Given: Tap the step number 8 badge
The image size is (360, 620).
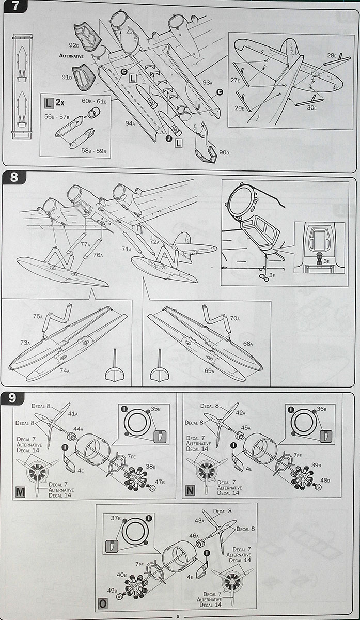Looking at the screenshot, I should [x=14, y=177].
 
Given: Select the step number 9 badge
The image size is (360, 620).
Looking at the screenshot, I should [x=14, y=399].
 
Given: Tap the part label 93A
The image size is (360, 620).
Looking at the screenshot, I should [x=207, y=82].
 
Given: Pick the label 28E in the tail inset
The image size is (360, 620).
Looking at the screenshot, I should [x=331, y=55].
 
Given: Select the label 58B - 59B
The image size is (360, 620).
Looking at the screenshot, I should [x=93, y=151].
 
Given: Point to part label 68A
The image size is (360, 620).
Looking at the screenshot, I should [x=248, y=344].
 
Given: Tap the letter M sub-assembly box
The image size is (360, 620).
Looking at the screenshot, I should [x=20, y=492].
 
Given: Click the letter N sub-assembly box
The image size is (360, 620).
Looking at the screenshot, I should [x=190, y=491].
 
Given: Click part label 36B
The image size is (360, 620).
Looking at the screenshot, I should [x=321, y=409].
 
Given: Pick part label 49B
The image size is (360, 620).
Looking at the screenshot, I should [x=112, y=589].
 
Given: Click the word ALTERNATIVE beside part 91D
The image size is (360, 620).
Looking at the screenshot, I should [x=68, y=55].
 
